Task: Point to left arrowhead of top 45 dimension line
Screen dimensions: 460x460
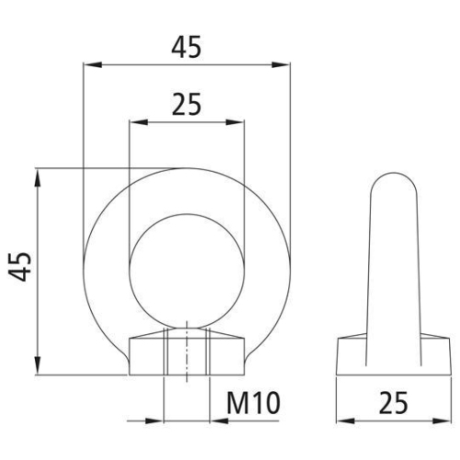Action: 89,65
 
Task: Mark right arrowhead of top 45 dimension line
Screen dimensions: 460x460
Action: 282,65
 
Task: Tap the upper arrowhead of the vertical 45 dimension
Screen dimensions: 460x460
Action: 39,174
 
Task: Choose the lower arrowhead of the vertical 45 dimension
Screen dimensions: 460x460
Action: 39,370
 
